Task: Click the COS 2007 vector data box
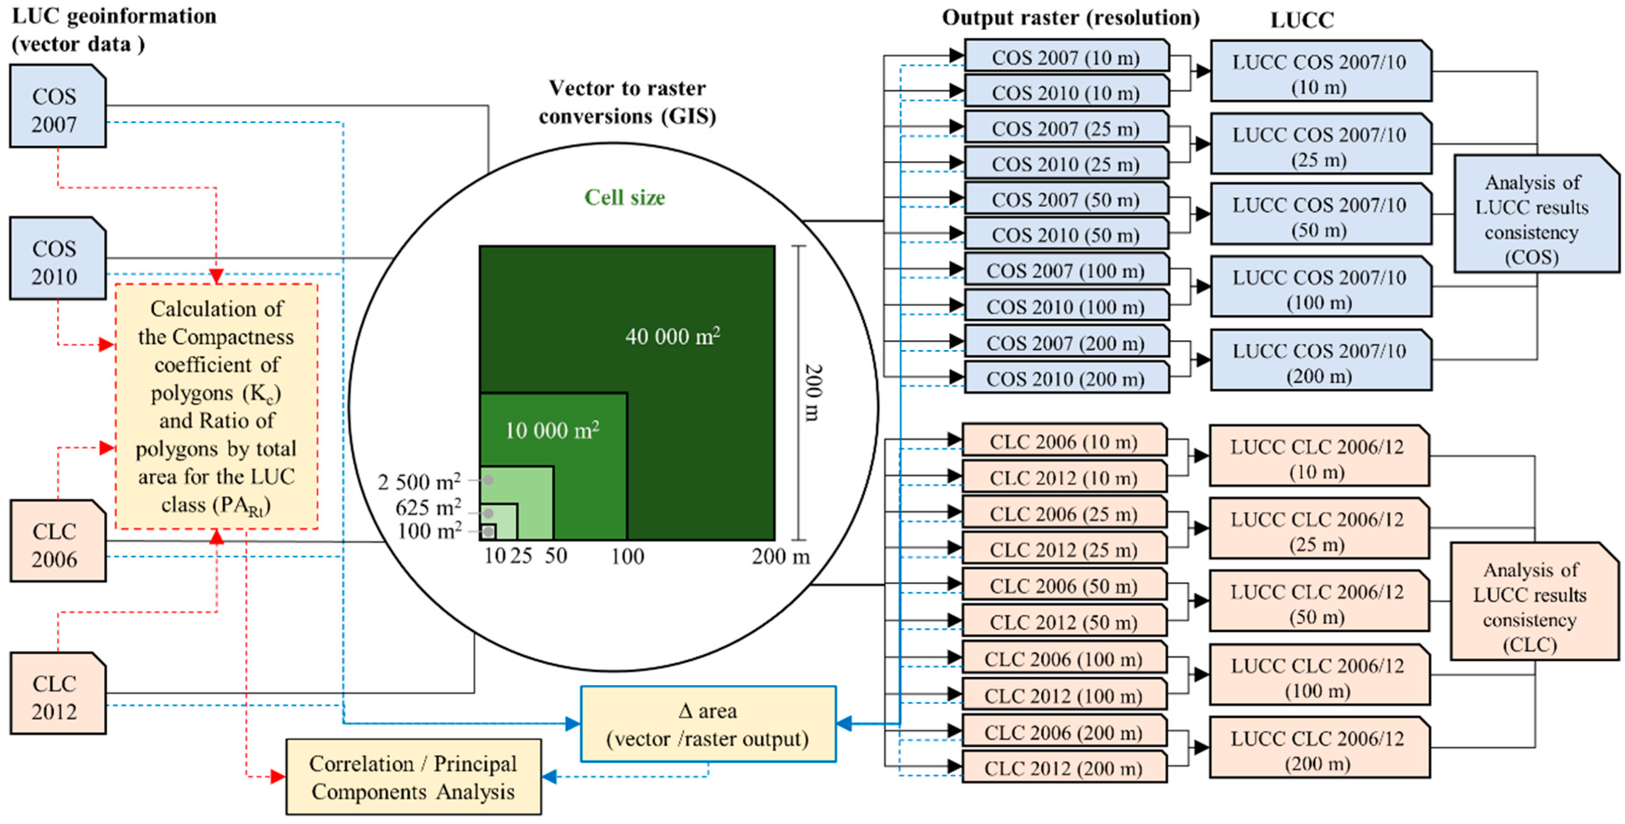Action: click(x=57, y=107)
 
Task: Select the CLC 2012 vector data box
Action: click(x=57, y=693)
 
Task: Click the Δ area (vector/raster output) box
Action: click(x=708, y=724)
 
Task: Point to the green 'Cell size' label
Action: click(x=624, y=197)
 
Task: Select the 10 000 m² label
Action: click(x=552, y=430)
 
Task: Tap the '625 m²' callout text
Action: click(x=428, y=507)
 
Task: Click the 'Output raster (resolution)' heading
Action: click(x=1071, y=18)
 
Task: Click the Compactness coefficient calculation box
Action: click(x=217, y=407)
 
